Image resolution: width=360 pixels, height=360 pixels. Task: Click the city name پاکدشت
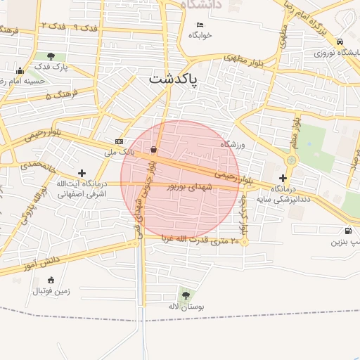pos(174,80)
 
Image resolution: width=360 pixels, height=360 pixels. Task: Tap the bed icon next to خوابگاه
pos(200,25)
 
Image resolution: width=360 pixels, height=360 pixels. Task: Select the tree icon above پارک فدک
pos(50,56)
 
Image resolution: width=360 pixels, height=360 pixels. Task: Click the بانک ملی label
pos(118,151)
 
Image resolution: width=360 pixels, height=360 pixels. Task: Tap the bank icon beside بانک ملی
pos(118,141)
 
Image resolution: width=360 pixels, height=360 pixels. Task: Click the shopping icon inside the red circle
pos(154,149)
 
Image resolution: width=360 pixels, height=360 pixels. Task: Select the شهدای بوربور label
pos(189,188)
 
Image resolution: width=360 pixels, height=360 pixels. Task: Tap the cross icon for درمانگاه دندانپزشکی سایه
pos(283,179)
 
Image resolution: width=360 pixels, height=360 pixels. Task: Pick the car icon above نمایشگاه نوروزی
pos(340,41)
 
